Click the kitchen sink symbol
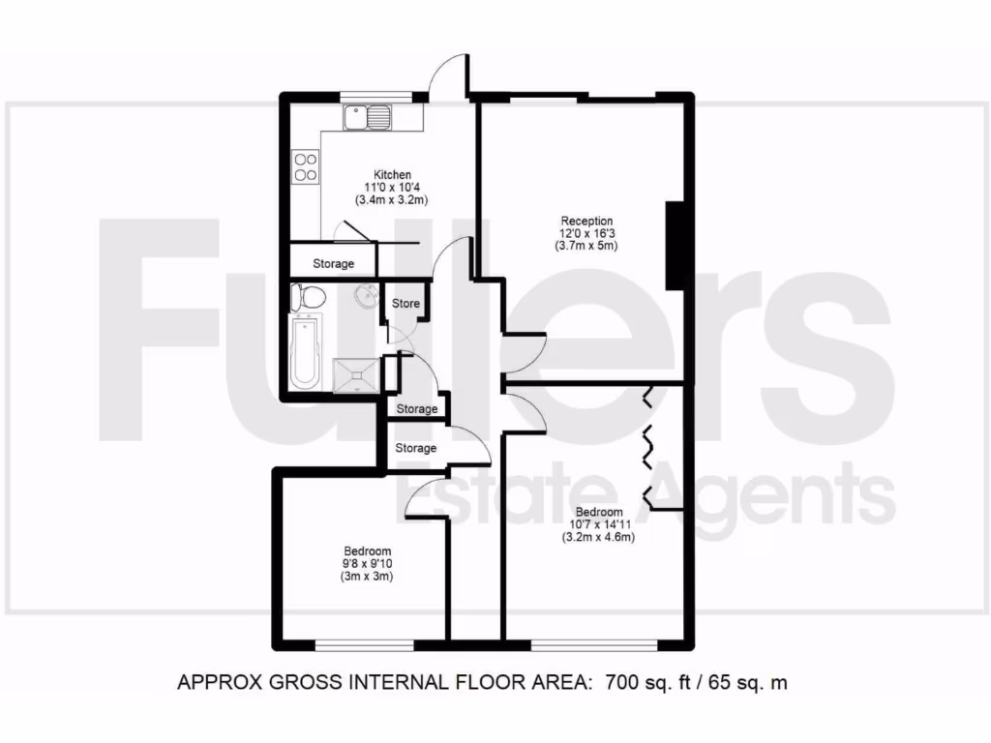(x=368, y=119)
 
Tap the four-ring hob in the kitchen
(x=307, y=167)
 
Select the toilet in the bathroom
(x=308, y=298)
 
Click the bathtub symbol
(x=306, y=354)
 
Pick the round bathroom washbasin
(x=366, y=294)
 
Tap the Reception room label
(x=586, y=221)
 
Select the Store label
(x=405, y=304)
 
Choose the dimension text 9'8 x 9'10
(x=366, y=564)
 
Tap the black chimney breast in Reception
(x=677, y=246)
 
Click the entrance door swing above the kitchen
(x=447, y=75)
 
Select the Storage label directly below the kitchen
(x=333, y=263)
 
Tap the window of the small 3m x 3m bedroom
(x=365, y=643)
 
